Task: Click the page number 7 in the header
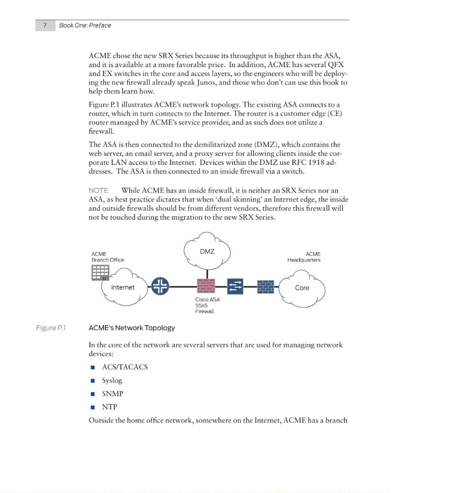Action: coord(45,25)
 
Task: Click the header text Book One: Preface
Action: coord(85,25)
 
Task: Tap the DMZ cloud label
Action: coord(207,251)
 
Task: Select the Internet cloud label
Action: coord(123,287)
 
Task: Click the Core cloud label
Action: coord(302,288)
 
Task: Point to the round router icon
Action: coord(160,286)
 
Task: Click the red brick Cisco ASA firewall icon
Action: coord(206,286)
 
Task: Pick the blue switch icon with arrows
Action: coord(235,286)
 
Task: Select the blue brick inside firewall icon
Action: coord(266,286)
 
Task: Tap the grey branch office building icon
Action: coord(100,272)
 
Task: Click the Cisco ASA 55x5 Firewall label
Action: coord(207,305)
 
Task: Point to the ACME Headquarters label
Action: coord(304,257)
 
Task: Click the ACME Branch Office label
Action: coord(108,257)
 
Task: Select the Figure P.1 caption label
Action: coord(51,328)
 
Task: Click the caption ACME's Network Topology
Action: coord(132,328)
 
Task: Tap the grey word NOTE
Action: coord(98,190)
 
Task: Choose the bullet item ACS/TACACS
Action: coord(125,367)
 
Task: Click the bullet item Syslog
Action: coord(112,380)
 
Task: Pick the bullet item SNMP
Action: coord(113,393)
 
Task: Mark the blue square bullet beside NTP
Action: coord(93,407)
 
